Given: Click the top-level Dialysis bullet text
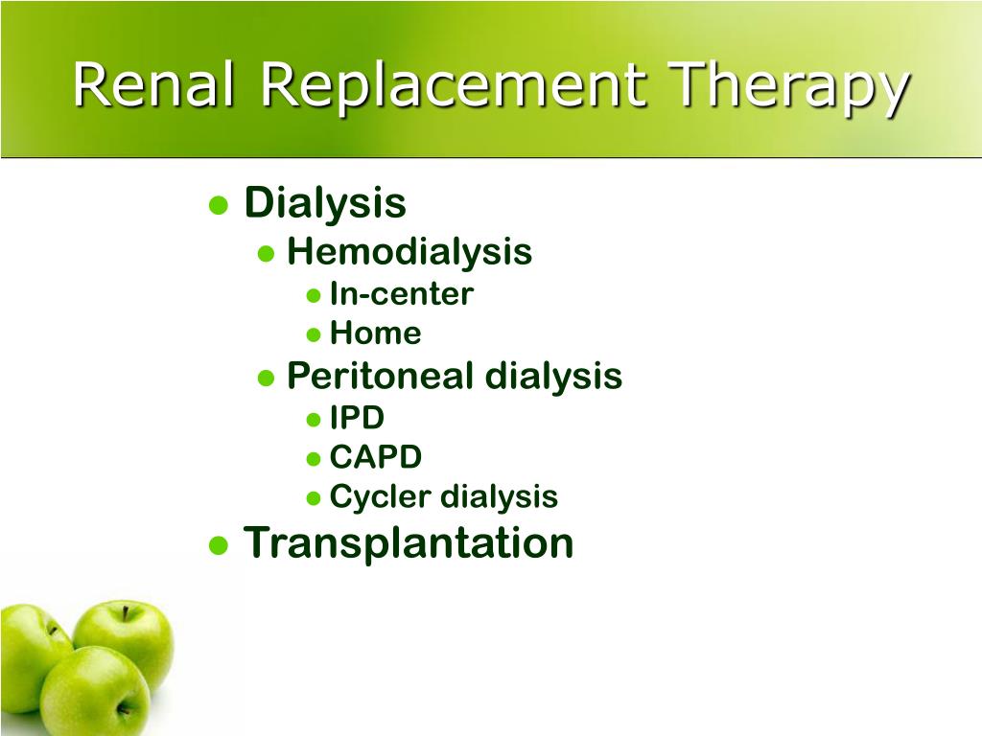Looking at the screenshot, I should tap(325, 203).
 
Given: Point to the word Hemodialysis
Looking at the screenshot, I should tap(409, 252).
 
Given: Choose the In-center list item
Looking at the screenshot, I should tap(401, 294).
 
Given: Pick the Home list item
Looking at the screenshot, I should tap(375, 333).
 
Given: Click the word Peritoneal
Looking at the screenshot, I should tap(381, 376).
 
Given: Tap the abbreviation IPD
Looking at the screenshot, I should tap(357, 418).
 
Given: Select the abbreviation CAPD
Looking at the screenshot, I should tap(375, 457).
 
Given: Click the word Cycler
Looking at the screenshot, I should tap(381, 497).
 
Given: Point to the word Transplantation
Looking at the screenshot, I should tap(409, 542).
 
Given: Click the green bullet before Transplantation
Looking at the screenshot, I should tap(219, 545).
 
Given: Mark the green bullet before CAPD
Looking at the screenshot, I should tap(314, 459).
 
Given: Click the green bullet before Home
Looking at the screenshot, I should tap(314, 335).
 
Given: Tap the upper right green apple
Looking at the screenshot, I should tap(125, 636).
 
